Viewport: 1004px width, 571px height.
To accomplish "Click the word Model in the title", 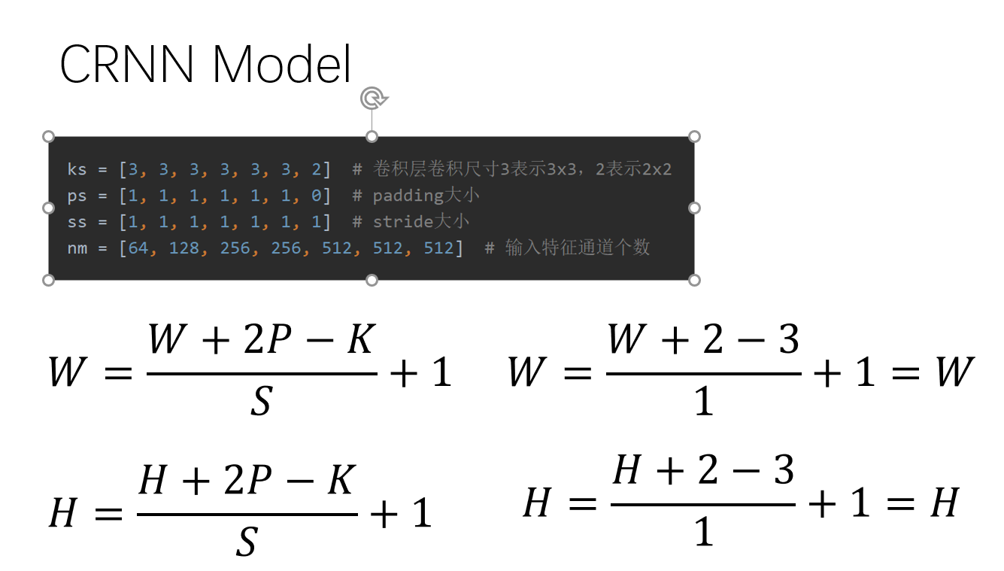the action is [282, 64].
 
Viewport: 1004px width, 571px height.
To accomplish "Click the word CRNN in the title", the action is [127, 64].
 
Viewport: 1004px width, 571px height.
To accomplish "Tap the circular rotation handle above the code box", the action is [373, 98].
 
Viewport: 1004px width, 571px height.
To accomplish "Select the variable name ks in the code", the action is [77, 169].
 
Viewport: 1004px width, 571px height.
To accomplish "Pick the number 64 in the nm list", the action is [138, 248].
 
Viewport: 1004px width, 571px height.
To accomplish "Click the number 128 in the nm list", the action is [184, 248].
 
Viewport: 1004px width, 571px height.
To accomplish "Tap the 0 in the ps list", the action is [317, 196].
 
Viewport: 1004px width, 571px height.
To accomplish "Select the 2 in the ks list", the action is [317, 169].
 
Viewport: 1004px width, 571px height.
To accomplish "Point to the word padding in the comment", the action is [408, 196].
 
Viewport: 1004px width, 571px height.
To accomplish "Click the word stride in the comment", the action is [403, 222].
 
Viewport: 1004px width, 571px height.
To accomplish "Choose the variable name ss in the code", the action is [77, 222].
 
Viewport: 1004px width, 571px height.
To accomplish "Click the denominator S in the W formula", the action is [261, 401].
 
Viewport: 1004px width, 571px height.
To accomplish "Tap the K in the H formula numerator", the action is [341, 479].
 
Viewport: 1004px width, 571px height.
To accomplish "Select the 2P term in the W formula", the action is [268, 339].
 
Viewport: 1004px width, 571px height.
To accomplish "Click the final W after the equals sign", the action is [955, 372].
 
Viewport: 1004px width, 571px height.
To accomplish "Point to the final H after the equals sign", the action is [945, 503].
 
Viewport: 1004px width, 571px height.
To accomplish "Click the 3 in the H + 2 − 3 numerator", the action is [784, 469].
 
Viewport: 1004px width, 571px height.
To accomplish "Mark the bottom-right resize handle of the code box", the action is [694, 281].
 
